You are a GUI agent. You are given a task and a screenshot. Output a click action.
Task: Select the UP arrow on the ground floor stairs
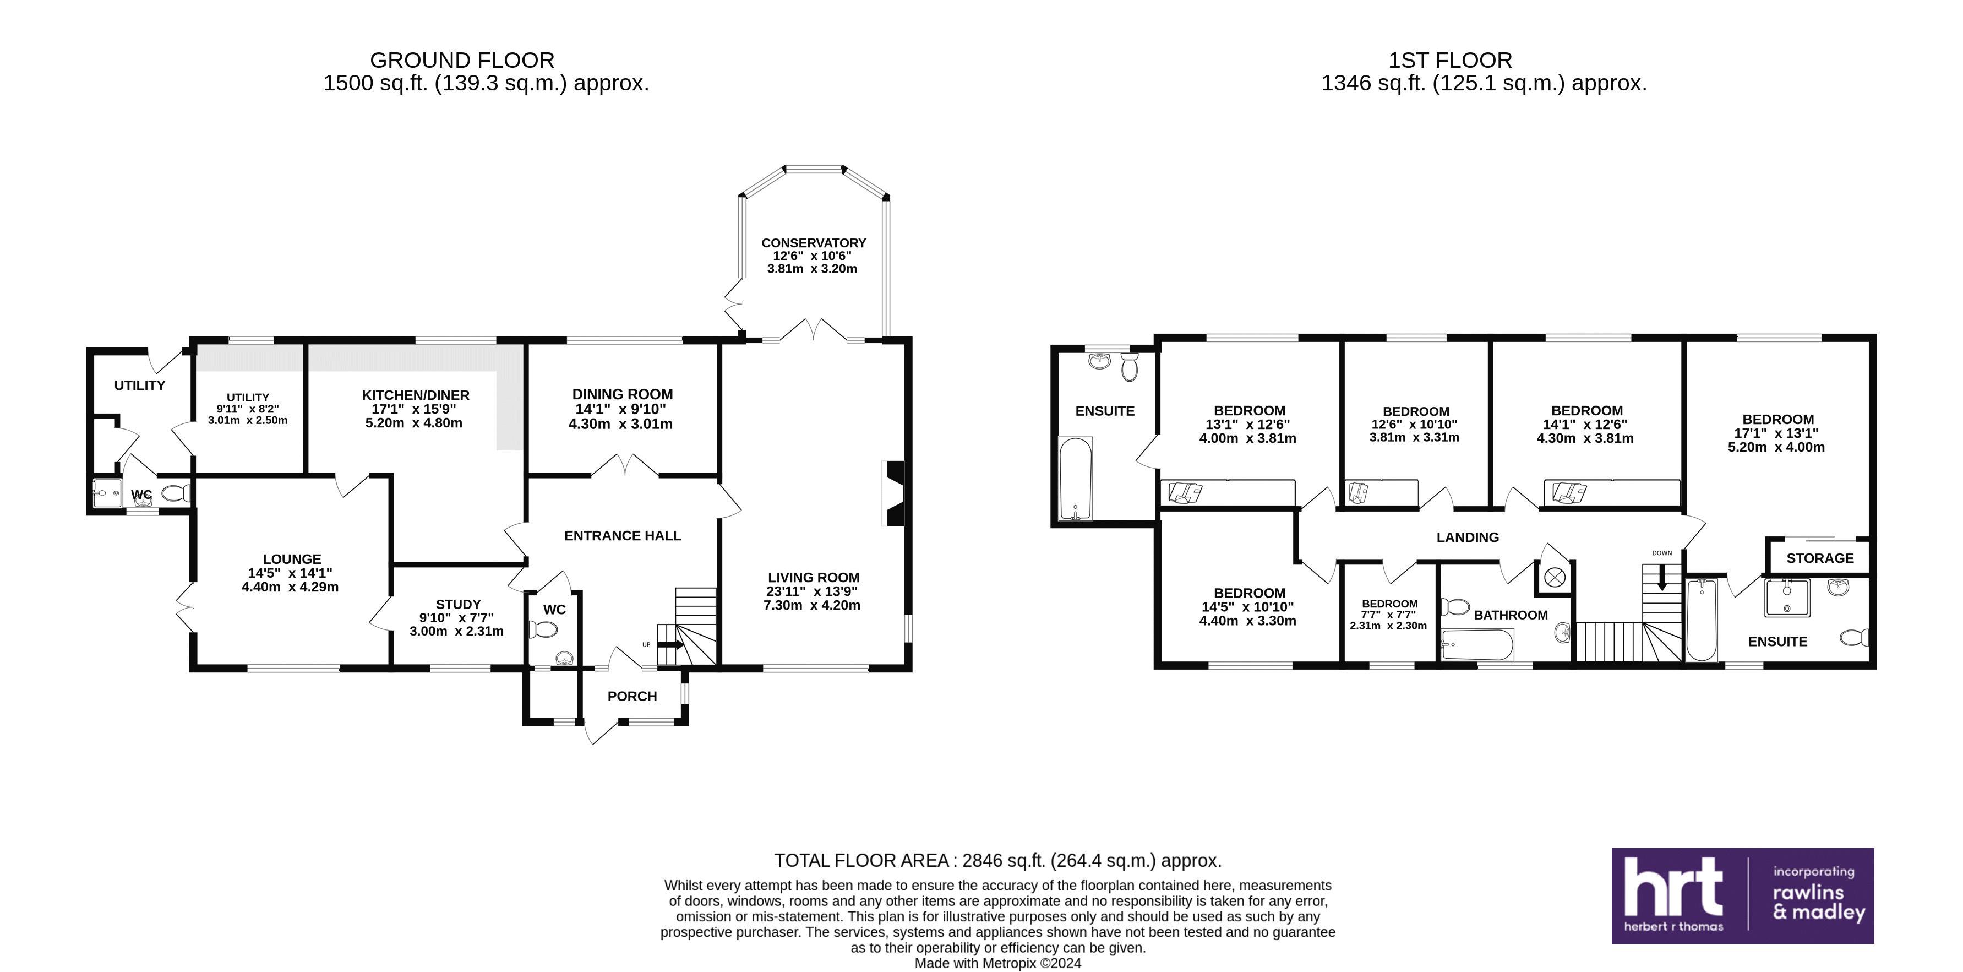click(x=670, y=644)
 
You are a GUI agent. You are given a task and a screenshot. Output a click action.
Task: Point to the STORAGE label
click(x=1820, y=558)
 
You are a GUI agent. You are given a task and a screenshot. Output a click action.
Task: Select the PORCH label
click(x=632, y=696)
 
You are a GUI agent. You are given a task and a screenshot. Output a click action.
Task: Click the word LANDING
click(x=1468, y=537)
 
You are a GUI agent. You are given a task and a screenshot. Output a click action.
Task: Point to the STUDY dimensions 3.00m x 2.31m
click(x=456, y=631)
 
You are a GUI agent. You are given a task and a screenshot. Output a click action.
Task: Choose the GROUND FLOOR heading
click(x=462, y=59)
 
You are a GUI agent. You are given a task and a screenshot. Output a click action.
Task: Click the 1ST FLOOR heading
click(x=1449, y=59)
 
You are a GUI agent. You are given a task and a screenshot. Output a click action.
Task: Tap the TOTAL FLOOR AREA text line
click(x=997, y=861)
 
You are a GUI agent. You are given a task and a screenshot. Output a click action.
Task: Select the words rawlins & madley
click(x=1819, y=903)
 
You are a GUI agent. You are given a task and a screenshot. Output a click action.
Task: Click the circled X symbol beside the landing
click(x=1555, y=577)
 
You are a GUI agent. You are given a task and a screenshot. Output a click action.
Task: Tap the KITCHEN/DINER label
click(x=415, y=395)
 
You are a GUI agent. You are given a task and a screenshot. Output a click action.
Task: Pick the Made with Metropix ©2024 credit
click(x=997, y=963)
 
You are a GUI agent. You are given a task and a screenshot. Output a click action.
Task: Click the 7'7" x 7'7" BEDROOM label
click(x=1390, y=604)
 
